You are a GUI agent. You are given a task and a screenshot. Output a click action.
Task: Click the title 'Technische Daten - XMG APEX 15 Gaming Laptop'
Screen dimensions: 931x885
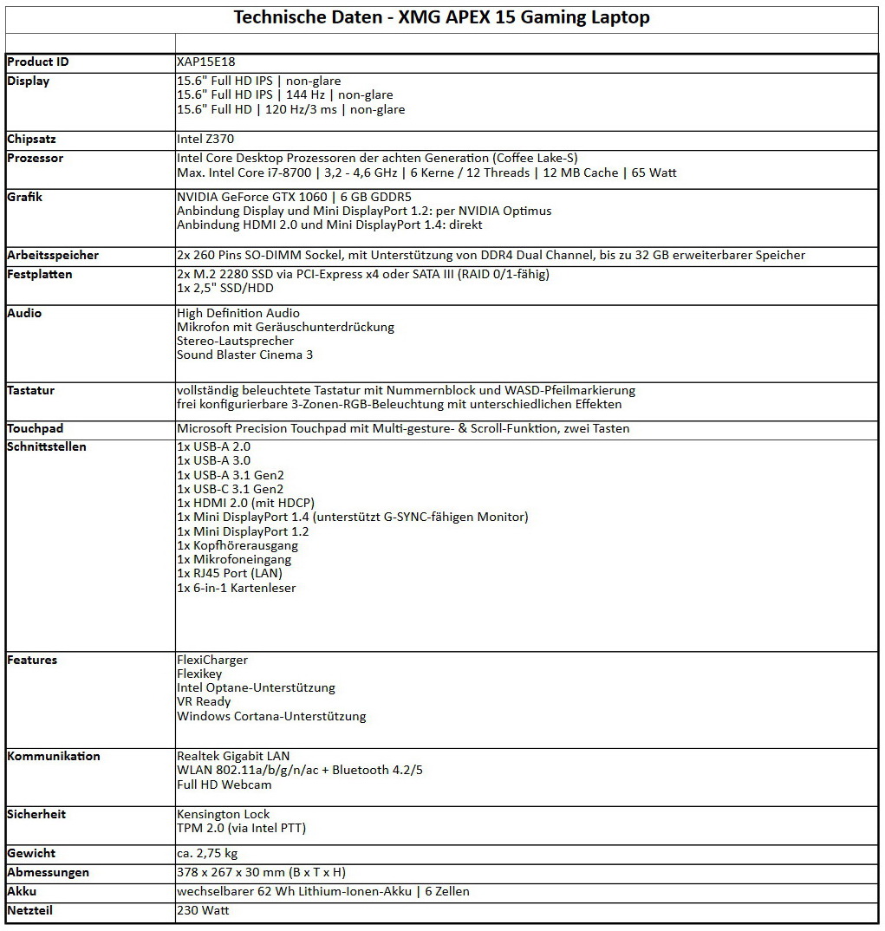[442, 17]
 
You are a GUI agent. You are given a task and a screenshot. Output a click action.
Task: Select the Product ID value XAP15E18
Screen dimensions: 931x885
[206, 62]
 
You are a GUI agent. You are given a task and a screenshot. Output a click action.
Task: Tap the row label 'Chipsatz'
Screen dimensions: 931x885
[32, 139]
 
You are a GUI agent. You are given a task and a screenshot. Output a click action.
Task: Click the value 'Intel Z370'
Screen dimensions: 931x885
[205, 139]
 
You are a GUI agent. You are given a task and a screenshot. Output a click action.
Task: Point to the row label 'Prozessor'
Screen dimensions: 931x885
[35, 158]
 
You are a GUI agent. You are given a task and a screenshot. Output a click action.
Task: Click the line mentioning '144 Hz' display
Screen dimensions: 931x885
[284, 95]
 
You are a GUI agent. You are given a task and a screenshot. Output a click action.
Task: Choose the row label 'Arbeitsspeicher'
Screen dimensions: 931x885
[53, 255]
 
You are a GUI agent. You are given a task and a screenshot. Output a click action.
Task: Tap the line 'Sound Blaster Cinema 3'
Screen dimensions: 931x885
[244, 355]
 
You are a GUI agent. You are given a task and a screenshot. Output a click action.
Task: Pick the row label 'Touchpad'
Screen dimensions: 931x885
[35, 428]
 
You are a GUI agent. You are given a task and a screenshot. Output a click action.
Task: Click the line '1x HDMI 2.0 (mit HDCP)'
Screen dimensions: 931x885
[245, 503]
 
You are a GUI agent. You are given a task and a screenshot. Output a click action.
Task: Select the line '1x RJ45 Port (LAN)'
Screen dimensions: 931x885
[230, 573]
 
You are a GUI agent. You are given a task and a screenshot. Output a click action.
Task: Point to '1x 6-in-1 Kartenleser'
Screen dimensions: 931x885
[237, 588]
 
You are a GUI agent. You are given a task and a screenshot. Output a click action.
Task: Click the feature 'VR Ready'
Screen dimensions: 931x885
[204, 702]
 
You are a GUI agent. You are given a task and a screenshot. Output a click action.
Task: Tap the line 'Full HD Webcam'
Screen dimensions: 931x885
[225, 785]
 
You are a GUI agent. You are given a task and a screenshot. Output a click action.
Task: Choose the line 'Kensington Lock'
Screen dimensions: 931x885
[223, 814]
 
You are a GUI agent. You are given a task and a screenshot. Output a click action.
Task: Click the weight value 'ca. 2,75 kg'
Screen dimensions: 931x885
[207, 853]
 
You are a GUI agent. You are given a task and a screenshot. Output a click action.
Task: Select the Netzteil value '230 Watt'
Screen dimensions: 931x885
[204, 910]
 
